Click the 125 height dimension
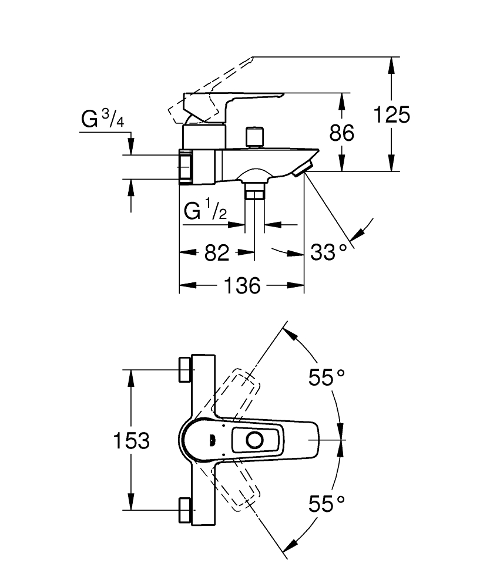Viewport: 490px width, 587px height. (392, 114)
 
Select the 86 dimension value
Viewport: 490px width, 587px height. (342, 133)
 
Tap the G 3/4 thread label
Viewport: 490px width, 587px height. (102, 119)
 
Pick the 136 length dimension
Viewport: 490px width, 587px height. (242, 286)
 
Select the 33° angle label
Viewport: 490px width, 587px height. (328, 252)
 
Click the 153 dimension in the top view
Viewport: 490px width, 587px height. (131, 440)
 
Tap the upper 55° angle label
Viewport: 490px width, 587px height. (326, 377)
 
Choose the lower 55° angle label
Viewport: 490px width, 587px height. (326, 504)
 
